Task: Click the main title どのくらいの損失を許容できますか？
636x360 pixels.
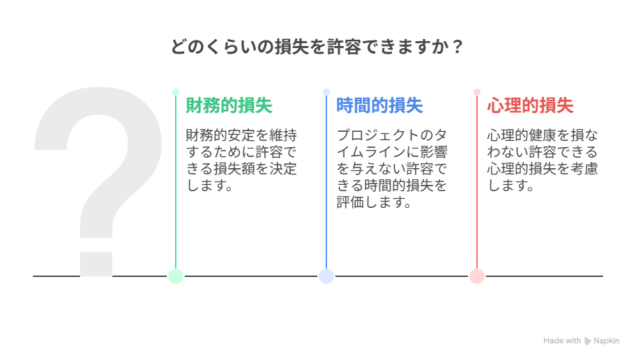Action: [x=317, y=47]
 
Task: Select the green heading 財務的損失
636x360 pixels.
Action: [x=229, y=105]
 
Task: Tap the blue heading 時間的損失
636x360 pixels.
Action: [x=379, y=105]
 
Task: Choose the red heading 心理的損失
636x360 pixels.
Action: [x=530, y=105]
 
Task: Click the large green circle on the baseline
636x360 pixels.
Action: [x=176, y=276]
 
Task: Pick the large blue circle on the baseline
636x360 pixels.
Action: [x=326, y=276]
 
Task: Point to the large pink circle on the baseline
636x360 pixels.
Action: [x=477, y=276]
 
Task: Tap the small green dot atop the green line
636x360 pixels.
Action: [x=176, y=92]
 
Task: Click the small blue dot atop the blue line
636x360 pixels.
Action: [x=326, y=92]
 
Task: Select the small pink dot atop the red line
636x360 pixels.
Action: [x=477, y=92]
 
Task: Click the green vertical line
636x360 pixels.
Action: [x=176, y=182]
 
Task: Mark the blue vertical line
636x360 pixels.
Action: [x=326, y=182]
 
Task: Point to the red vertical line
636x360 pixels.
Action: [x=477, y=182]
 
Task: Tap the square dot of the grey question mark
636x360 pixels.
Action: [x=96, y=264]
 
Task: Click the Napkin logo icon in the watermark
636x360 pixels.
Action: [x=587, y=341]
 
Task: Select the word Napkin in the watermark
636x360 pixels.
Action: [x=607, y=341]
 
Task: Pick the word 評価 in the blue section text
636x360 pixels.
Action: [x=351, y=202]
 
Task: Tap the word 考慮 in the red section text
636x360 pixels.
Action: [x=584, y=168]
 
